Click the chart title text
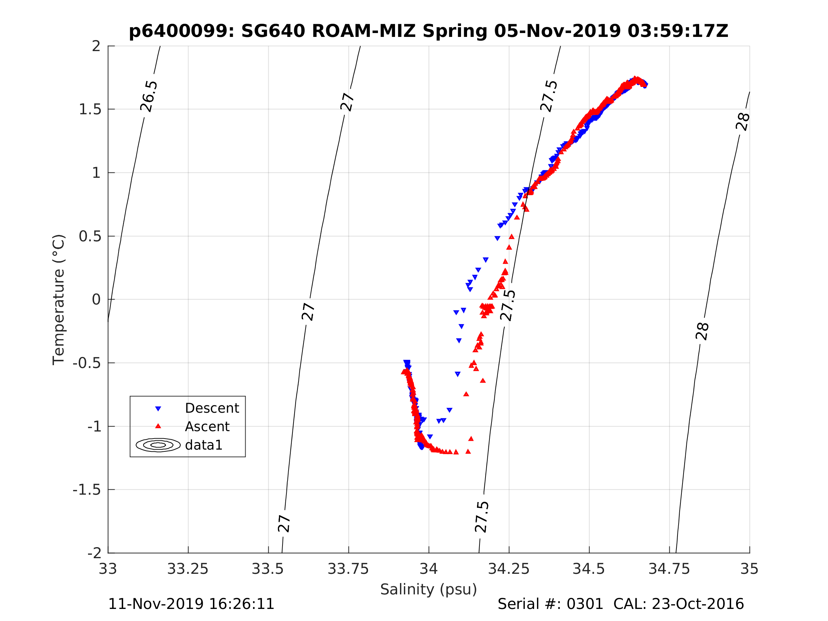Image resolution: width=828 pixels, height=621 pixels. [x=429, y=31]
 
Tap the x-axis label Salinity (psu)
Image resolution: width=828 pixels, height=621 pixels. [x=429, y=589]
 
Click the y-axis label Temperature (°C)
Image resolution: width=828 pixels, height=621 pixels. [x=59, y=299]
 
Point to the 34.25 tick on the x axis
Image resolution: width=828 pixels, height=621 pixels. [x=509, y=569]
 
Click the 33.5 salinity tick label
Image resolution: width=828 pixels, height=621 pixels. [x=268, y=569]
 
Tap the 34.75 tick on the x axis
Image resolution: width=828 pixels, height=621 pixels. [x=669, y=569]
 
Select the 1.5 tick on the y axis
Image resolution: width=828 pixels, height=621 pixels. [x=90, y=109]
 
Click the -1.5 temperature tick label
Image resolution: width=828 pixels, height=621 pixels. [x=87, y=490]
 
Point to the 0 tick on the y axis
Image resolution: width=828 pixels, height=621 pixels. [x=96, y=299]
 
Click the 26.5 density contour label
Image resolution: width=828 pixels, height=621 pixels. [x=149, y=96]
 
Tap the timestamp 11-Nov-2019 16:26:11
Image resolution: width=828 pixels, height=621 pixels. [x=191, y=604]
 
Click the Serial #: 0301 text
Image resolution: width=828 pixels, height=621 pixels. [x=550, y=604]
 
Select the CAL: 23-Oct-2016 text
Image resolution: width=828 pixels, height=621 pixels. [x=679, y=604]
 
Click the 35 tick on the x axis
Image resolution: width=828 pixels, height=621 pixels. [x=750, y=569]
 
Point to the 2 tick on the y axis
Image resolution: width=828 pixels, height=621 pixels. [x=96, y=46]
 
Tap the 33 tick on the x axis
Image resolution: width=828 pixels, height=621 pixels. [x=108, y=569]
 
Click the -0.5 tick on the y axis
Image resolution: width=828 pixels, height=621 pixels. [x=87, y=363]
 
